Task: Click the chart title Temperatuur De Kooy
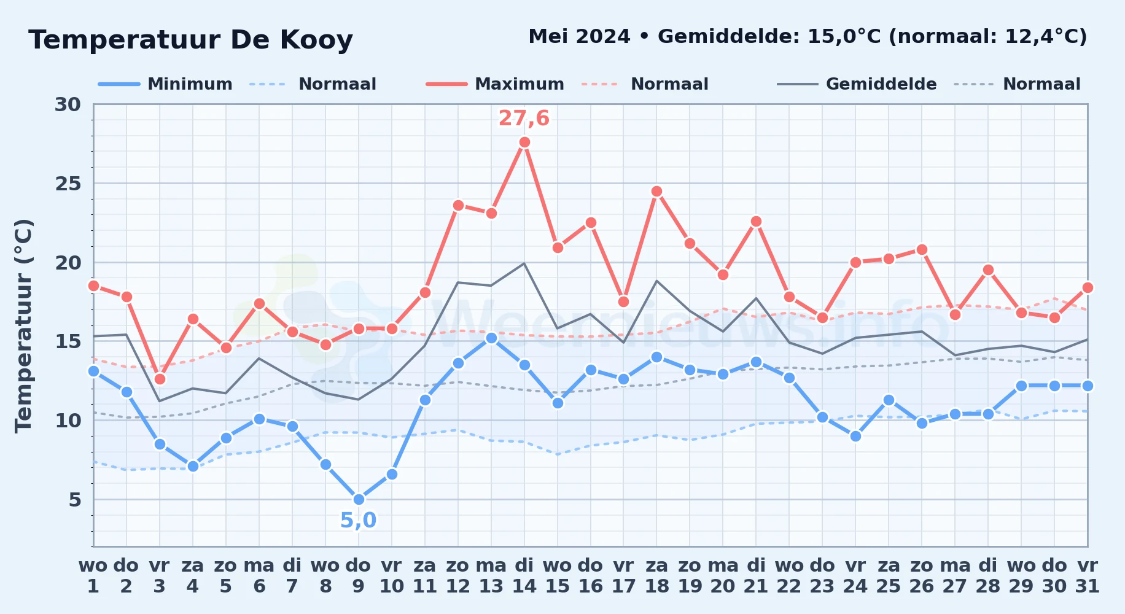tap(190, 40)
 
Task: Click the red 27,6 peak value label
tap(524, 118)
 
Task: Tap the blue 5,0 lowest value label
tap(358, 520)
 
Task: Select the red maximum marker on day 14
tap(524, 142)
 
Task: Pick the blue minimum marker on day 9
tap(359, 499)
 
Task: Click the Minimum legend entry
tap(165, 84)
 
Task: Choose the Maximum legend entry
tap(495, 84)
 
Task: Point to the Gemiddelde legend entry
tap(857, 84)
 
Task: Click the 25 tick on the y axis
tap(68, 184)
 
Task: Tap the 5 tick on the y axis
tap(74, 500)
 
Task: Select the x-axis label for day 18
tap(656, 576)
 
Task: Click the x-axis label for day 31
tap(1088, 576)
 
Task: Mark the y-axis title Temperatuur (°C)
tap(23, 325)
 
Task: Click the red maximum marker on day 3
tap(160, 379)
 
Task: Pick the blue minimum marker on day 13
tap(491, 338)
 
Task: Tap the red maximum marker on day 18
tap(656, 191)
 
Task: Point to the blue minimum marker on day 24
tap(855, 436)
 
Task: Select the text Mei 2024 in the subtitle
tap(579, 36)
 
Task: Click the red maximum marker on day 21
tap(756, 221)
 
